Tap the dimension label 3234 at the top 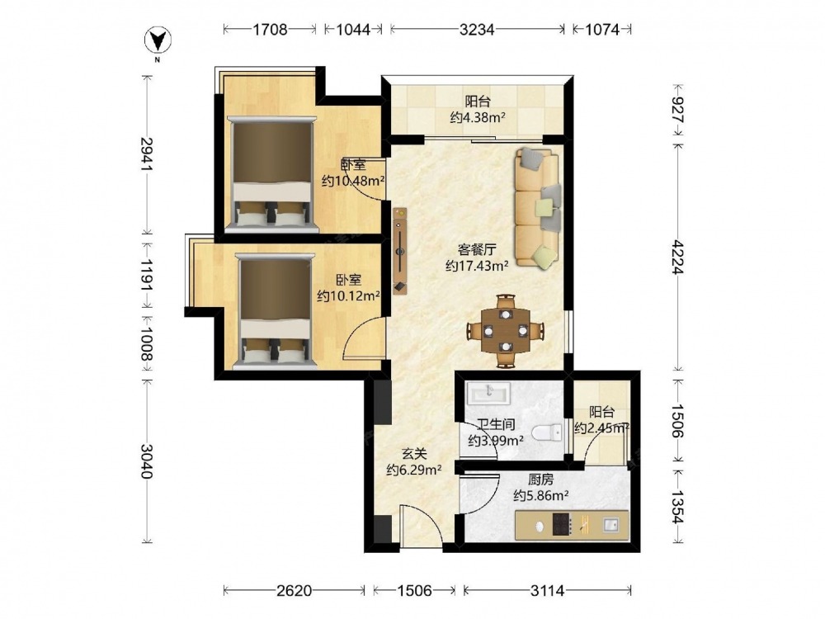pyautogui.click(x=477, y=30)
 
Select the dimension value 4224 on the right pyautogui.click(x=677, y=257)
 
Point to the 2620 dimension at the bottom pyautogui.click(x=295, y=591)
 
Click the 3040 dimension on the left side pyautogui.click(x=147, y=461)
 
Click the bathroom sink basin pyautogui.click(x=488, y=393)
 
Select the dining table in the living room pyautogui.click(x=506, y=331)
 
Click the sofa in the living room pyautogui.click(x=537, y=208)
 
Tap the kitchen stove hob pyautogui.click(x=561, y=524)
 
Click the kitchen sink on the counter pyautogui.click(x=610, y=524)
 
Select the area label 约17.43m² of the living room pyautogui.click(x=477, y=266)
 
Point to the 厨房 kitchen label pyautogui.click(x=540, y=480)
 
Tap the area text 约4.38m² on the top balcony pyautogui.click(x=477, y=117)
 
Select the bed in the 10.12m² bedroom pyautogui.click(x=274, y=310)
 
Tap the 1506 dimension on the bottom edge pyautogui.click(x=414, y=591)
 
